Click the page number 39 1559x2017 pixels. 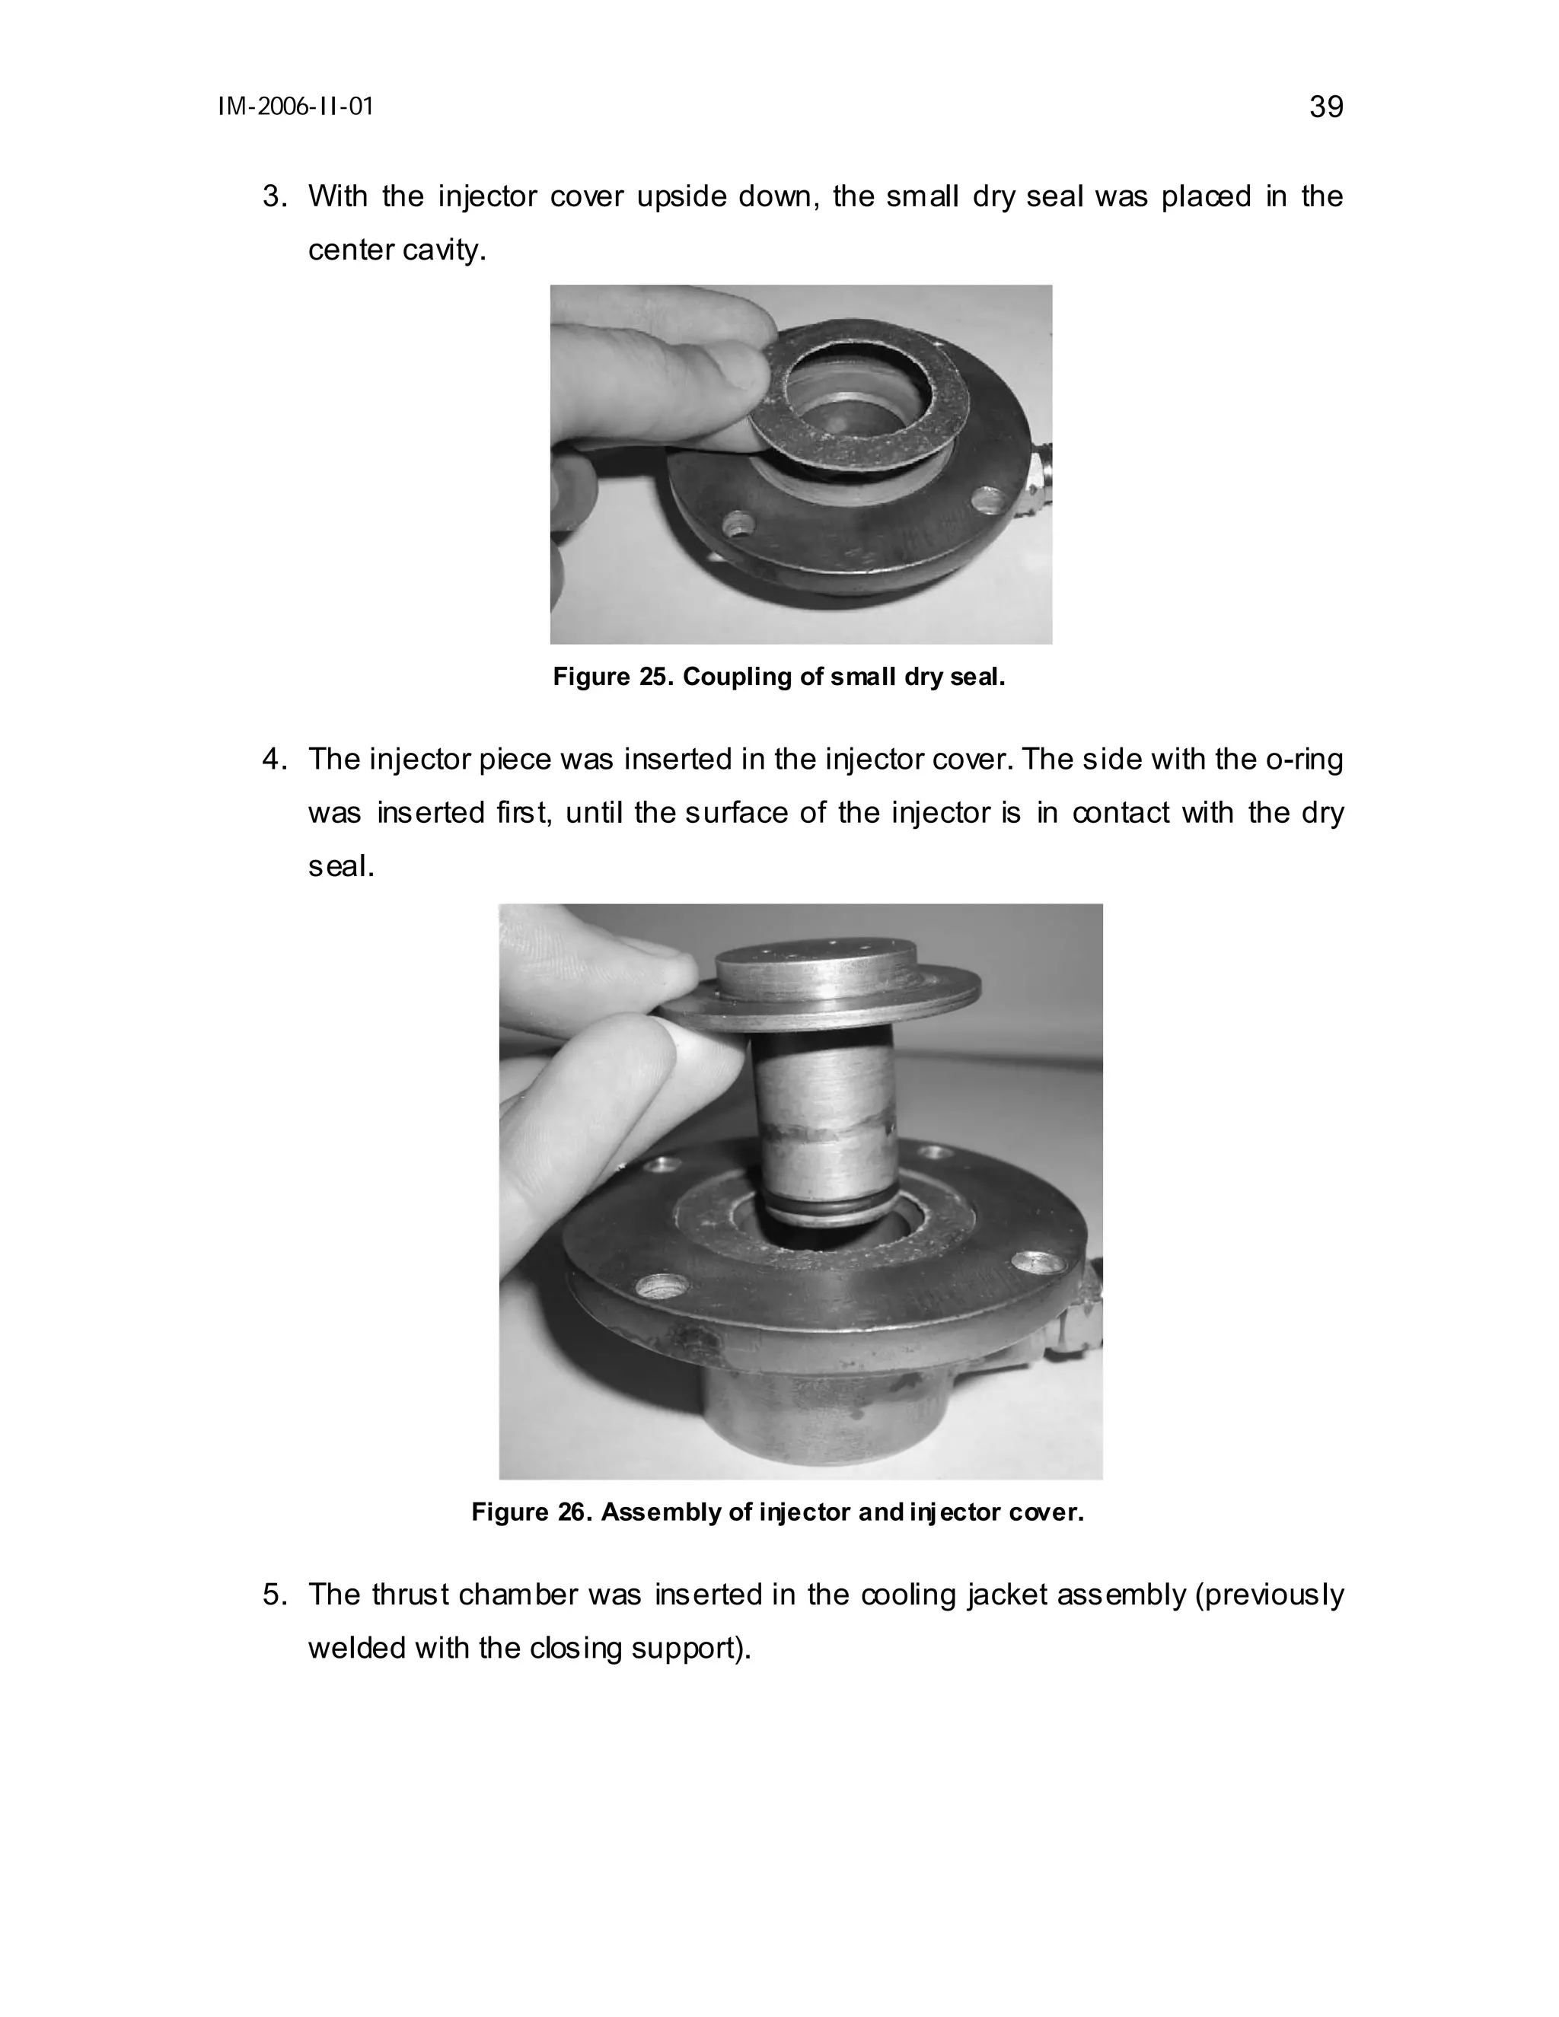1325,107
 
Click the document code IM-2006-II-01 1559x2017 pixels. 295,107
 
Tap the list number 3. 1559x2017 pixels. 274,196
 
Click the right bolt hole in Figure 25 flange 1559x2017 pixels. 991,502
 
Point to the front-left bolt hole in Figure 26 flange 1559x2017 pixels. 664,1285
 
